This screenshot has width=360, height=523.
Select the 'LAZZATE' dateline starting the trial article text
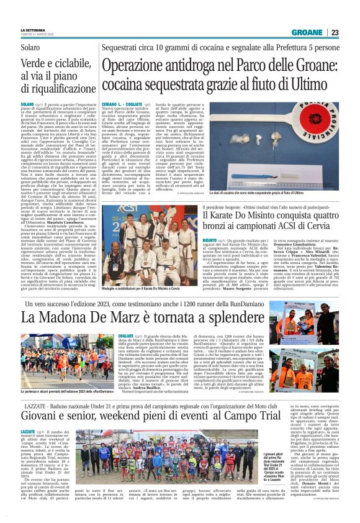[27, 430]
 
